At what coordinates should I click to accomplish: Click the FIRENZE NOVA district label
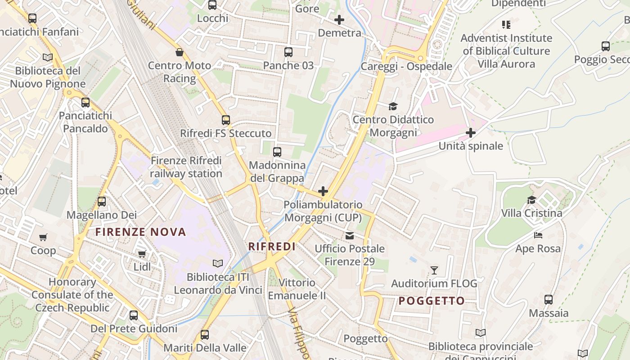140,232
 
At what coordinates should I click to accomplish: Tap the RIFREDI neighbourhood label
272,247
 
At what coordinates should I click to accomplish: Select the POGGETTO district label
432,301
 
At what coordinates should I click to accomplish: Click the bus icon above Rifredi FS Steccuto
226,120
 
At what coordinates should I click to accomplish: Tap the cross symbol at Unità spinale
471,133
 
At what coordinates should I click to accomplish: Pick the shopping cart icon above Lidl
142,254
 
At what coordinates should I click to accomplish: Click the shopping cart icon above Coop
43,237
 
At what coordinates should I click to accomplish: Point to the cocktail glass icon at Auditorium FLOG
434,270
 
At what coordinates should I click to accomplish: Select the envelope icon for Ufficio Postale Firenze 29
349,235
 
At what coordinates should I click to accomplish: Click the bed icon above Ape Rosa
538,235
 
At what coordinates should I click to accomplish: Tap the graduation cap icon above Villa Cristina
531,200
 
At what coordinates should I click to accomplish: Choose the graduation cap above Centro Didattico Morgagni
393,106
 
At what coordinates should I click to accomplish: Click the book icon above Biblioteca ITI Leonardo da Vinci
218,263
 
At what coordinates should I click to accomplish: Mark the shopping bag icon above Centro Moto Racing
180,52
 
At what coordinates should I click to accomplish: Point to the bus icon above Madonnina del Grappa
277,152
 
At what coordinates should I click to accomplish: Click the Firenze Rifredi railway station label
186,167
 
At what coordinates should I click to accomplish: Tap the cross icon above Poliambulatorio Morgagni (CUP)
323,191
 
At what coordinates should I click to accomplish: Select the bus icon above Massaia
549,300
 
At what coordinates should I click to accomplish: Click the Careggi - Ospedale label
406,67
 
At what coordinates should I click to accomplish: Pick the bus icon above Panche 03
288,52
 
